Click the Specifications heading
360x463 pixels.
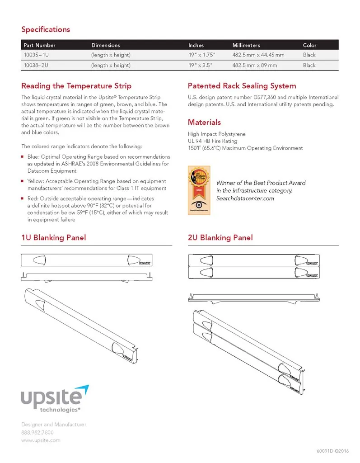(x=46, y=29)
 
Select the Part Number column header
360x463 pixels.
(x=39, y=45)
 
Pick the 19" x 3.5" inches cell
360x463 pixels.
(x=200, y=66)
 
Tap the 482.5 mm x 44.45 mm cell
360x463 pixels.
(x=258, y=55)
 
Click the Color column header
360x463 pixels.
(x=309, y=45)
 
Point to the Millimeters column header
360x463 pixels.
(x=246, y=45)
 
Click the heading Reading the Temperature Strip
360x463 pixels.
(x=76, y=86)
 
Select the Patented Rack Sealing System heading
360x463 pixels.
(x=242, y=86)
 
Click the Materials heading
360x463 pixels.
(x=204, y=122)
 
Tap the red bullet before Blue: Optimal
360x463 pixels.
(x=23, y=157)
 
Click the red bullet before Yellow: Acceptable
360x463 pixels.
(x=23, y=181)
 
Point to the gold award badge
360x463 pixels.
(x=197, y=190)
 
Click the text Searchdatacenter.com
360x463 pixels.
(x=245, y=198)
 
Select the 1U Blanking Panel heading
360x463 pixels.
(x=53, y=238)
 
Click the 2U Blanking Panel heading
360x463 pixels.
(x=220, y=238)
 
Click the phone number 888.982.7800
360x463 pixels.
(x=37, y=433)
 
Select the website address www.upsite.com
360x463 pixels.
(x=41, y=440)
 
